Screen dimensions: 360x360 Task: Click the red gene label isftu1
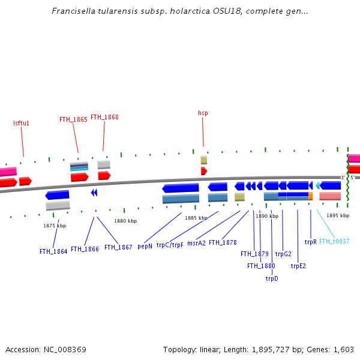coord(22,123)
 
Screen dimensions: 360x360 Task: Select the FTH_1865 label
coord(73,119)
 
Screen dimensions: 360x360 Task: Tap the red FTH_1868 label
coord(104,118)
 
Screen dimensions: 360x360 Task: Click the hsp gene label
coord(203,113)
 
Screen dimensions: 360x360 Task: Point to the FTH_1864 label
coord(53,251)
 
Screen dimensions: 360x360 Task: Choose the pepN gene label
coord(145,246)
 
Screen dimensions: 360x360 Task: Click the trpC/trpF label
coord(170,245)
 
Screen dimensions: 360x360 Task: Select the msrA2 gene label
coord(196,243)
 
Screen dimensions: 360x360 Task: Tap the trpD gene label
coord(272,278)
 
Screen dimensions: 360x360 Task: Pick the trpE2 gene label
coord(298,266)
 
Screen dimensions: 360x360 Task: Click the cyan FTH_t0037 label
coord(334,241)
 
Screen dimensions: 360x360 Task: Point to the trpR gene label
coord(310,242)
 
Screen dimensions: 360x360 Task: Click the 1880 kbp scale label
coord(125,221)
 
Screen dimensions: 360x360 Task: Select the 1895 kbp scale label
coord(338,215)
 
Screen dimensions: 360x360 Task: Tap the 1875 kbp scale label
coord(55,226)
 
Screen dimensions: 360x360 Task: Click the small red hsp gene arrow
coord(203,171)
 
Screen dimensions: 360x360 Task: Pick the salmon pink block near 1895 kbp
coord(330,196)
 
